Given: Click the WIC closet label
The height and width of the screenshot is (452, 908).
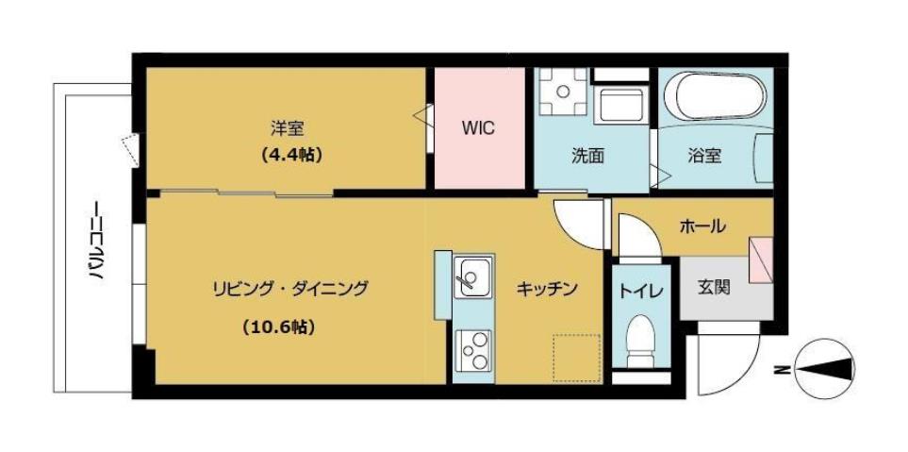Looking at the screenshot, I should point(478,128).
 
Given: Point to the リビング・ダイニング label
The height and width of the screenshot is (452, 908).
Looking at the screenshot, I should point(289,288).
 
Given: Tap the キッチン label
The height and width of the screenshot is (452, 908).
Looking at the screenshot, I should point(546,290).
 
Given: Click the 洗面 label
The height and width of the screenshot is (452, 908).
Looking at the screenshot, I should point(587,156).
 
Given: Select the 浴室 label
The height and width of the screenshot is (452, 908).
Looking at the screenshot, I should point(704,156).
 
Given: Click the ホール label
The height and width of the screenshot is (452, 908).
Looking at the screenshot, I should point(702,226).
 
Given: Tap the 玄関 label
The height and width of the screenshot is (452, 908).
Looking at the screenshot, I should point(714,288).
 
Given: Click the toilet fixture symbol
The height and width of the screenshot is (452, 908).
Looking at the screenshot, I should point(641,344).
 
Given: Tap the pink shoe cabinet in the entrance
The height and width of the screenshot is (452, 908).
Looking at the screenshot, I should point(760,259).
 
